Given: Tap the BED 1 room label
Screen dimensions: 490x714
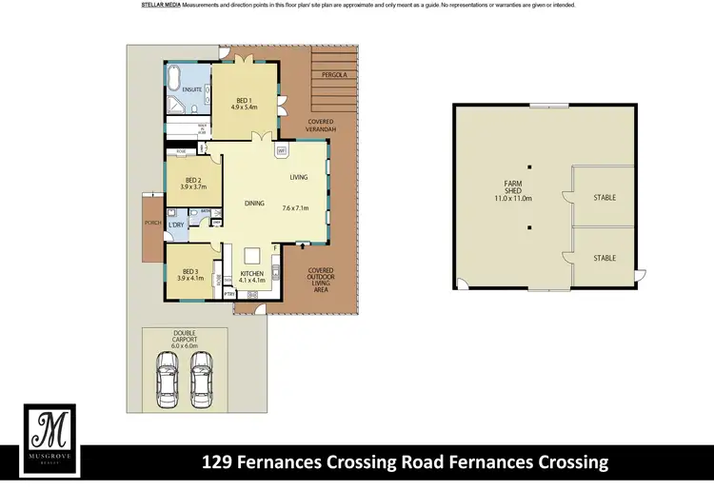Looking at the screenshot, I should pos(243,103).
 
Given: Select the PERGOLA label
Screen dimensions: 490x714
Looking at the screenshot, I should pos(332,72).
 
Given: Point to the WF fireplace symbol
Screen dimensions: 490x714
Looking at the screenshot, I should pos(282,150).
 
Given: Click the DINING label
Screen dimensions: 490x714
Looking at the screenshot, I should pos(254,203).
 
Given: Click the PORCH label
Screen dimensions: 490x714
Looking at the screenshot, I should pos(149,225).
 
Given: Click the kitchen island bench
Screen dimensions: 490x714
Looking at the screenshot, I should pos(253,256).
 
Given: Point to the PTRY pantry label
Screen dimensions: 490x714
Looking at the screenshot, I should pos(228,294).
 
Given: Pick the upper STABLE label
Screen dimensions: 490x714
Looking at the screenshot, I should pos(605,198).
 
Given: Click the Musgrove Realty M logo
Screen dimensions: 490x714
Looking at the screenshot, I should pos(49,433).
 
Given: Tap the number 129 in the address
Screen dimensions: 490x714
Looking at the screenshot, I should pos(220,463).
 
